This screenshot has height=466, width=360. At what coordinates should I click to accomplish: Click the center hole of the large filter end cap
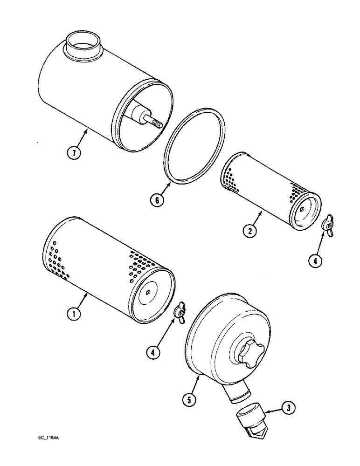tap(148, 292)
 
